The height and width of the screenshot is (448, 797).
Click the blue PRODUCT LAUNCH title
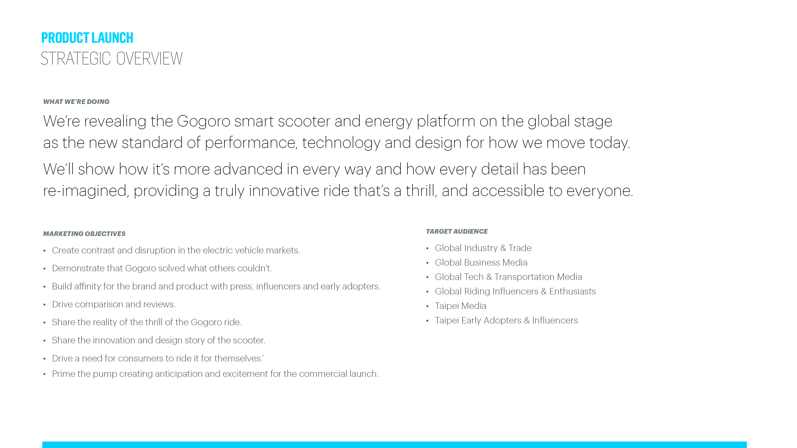coord(87,38)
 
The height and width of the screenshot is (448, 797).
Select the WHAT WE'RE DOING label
coord(76,102)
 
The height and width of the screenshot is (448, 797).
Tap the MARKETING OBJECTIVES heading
coord(84,234)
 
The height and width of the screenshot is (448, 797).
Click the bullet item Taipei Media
coord(460,306)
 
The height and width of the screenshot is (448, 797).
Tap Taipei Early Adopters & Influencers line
coord(506,320)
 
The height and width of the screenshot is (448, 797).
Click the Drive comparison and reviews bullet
coord(113,304)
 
